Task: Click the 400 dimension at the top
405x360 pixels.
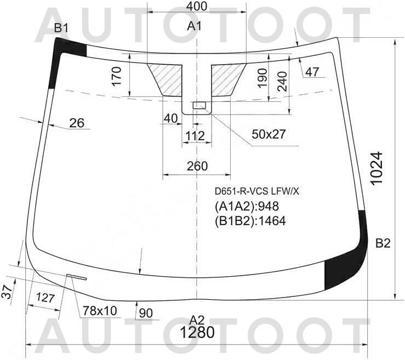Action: [196, 6]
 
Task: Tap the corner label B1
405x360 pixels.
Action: [61, 28]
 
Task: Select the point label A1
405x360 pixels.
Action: [194, 26]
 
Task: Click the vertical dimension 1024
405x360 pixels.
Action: [376, 168]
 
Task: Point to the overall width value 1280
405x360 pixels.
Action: [197, 333]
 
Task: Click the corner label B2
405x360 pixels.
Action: [383, 243]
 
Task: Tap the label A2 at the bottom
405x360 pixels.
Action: [197, 321]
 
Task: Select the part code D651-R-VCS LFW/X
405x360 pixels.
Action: [256, 191]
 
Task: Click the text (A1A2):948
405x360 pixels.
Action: [247, 206]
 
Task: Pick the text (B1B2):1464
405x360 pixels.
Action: [250, 221]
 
